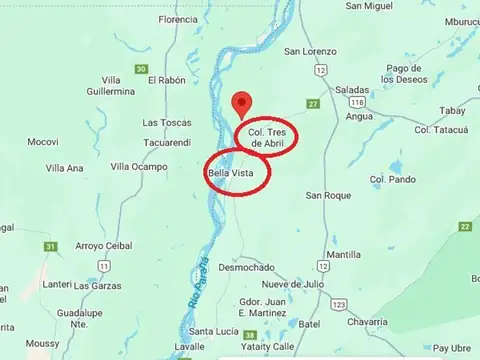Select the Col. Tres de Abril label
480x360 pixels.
(x=271, y=137)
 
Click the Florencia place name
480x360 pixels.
(x=178, y=19)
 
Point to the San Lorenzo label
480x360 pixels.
(x=309, y=51)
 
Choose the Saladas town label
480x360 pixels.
(x=353, y=89)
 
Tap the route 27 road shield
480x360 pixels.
(x=313, y=104)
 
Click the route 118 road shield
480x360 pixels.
(x=356, y=102)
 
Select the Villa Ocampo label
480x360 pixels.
(x=139, y=166)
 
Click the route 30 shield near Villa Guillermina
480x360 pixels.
(x=141, y=69)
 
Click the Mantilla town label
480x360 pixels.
(x=343, y=255)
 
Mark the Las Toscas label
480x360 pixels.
(x=166, y=123)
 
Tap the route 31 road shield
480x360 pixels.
(x=50, y=246)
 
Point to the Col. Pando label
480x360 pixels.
(x=392, y=179)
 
